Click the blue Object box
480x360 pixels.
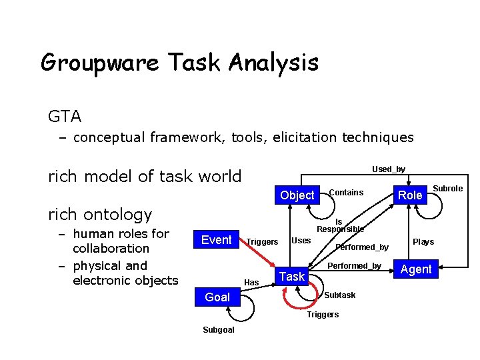(x=297, y=195)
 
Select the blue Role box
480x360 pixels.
(x=410, y=195)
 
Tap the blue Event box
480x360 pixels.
(x=216, y=240)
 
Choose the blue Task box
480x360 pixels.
(x=291, y=276)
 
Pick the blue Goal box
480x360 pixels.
(x=217, y=297)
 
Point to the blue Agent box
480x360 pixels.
(x=415, y=269)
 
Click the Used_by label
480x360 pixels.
(x=388, y=169)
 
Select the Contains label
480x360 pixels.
(x=346, y=193)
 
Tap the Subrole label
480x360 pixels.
(x=448, y=189)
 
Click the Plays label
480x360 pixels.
(x=423, y=242)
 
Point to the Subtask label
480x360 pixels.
(x=339, y=295)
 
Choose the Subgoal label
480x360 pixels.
(x=219, y=330)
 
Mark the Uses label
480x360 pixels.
(x=301, y=240)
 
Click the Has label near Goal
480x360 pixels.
(x=251, y=283)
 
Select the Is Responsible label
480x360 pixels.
(x=340, y=226)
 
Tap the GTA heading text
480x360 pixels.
(x=65, y=117)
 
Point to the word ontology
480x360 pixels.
(x=121, y=214)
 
